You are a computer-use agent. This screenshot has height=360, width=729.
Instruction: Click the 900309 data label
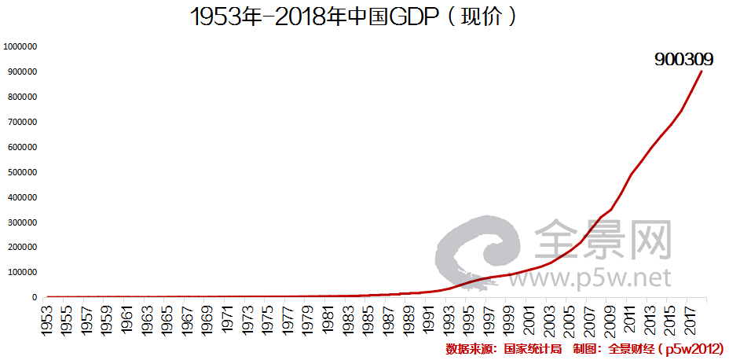pos(683,59)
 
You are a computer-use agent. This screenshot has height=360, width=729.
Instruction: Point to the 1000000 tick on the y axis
pos(21,46)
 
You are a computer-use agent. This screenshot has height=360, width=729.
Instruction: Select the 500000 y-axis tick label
pos(24,172)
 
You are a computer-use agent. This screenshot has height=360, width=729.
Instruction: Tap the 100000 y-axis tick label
pos(24,272)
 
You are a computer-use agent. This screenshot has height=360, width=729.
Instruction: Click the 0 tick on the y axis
pos(35,297)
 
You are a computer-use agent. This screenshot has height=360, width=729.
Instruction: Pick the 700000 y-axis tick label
pos(24,122)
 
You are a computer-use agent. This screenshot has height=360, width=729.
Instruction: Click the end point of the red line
pos(702,72)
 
